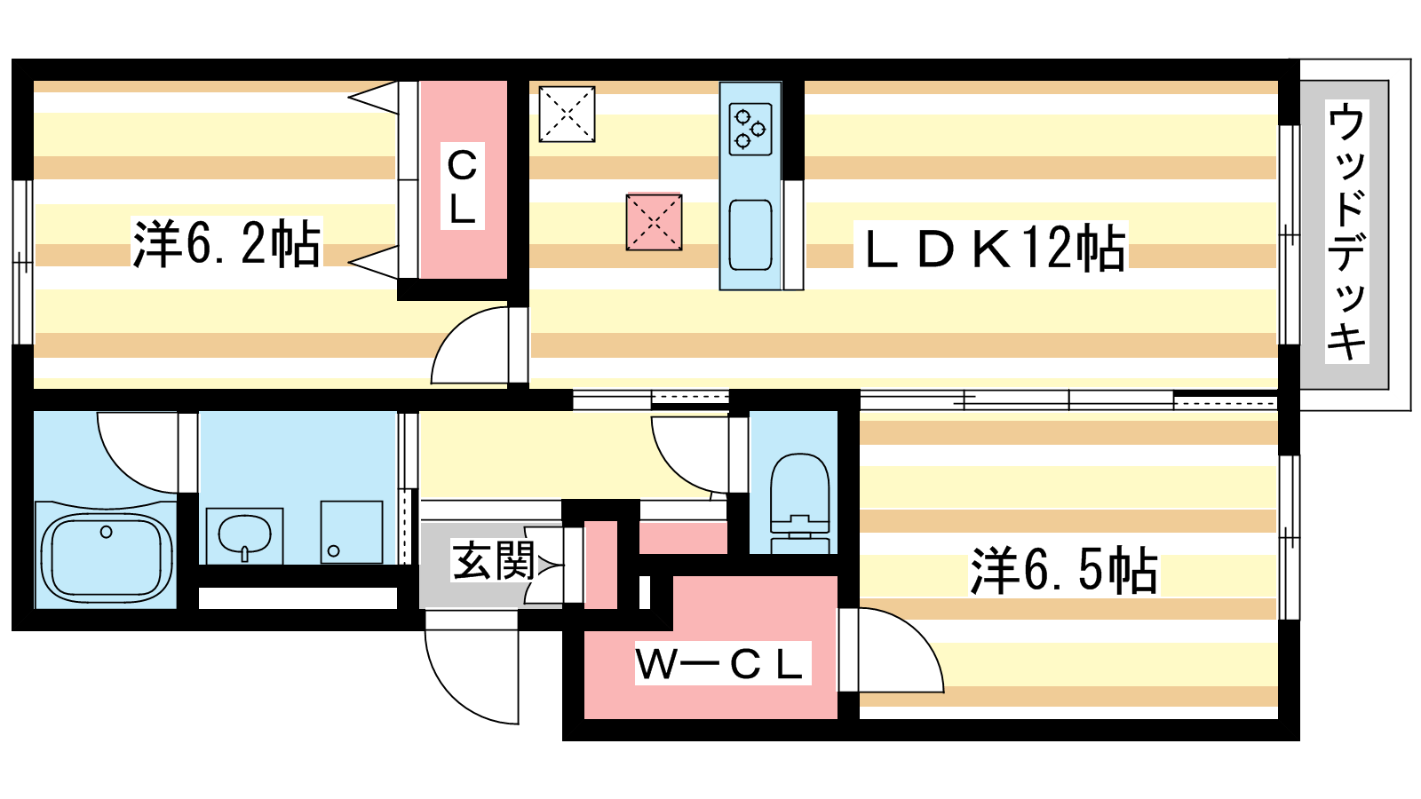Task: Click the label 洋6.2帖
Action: coord(226,243)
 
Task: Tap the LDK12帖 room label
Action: coord(993,249)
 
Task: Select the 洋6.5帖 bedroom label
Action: coord(1064,570)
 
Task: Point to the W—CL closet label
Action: coord(718,664)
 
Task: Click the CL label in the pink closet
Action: coord(462,186)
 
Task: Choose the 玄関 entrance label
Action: coord(491,561)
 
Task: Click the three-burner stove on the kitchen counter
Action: coord(750,129)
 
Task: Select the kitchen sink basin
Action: coord(750,234)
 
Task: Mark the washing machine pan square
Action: coord(352,533)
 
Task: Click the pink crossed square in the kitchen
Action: coord(654,222)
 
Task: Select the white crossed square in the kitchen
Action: coord(567,114)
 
